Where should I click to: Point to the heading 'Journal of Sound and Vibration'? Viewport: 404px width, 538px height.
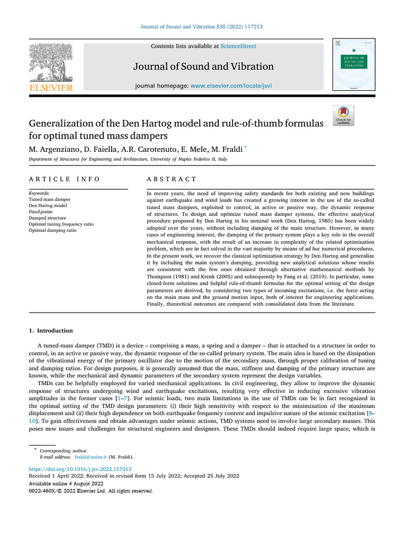pyautogui.click(x=204, y=66)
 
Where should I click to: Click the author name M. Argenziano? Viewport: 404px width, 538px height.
pyautogui.click(x=53, y=150)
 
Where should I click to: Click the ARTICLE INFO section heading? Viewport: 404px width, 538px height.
pyautogui.click(x=64, y=179)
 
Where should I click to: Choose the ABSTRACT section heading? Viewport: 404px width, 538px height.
pyautogui.click(x=171, y=179)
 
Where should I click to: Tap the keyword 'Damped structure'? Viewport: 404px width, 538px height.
pyautogui.click(x=47, y=218)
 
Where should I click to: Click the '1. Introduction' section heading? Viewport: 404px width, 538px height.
pyautogui.click(x=50, y=330)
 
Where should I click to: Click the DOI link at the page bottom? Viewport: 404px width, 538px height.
pyautogui.click(x=79, y=468)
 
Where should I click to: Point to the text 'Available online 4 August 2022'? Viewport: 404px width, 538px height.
pyautogui.click(x=66, y=483)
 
